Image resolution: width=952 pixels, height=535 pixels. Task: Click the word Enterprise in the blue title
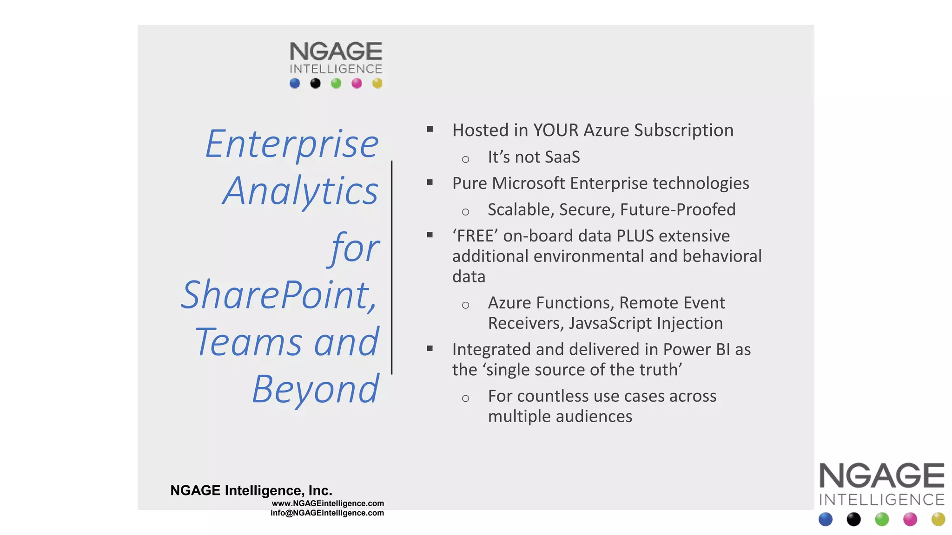pyautogui.click(x=292, y=145)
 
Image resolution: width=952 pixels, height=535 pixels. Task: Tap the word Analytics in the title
pyautogui.click(x=300, y=191)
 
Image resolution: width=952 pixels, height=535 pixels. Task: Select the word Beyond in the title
pyautogui.click(x=315, y=389)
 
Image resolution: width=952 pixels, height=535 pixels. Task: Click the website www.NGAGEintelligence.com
pyautogui.click(x=328, y=503)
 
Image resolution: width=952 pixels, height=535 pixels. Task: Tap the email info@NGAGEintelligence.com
pyautogui.click(x=327, y=513)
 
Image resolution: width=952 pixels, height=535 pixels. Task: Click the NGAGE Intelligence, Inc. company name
pyautogui.click(x=251, y=490)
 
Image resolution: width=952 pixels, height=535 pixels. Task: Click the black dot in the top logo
pyautogui.click(x=315, y=84)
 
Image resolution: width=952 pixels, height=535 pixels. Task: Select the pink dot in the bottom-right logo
pyautogui.click(x=910, y=519)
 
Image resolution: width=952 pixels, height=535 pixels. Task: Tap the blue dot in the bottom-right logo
pyautogui.click(x=826, y=519)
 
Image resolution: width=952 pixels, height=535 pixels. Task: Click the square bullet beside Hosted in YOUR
pyautogui.click(x=430, y=130)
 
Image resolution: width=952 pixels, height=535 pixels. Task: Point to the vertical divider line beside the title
pyautogui.click(x=392, y=267)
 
